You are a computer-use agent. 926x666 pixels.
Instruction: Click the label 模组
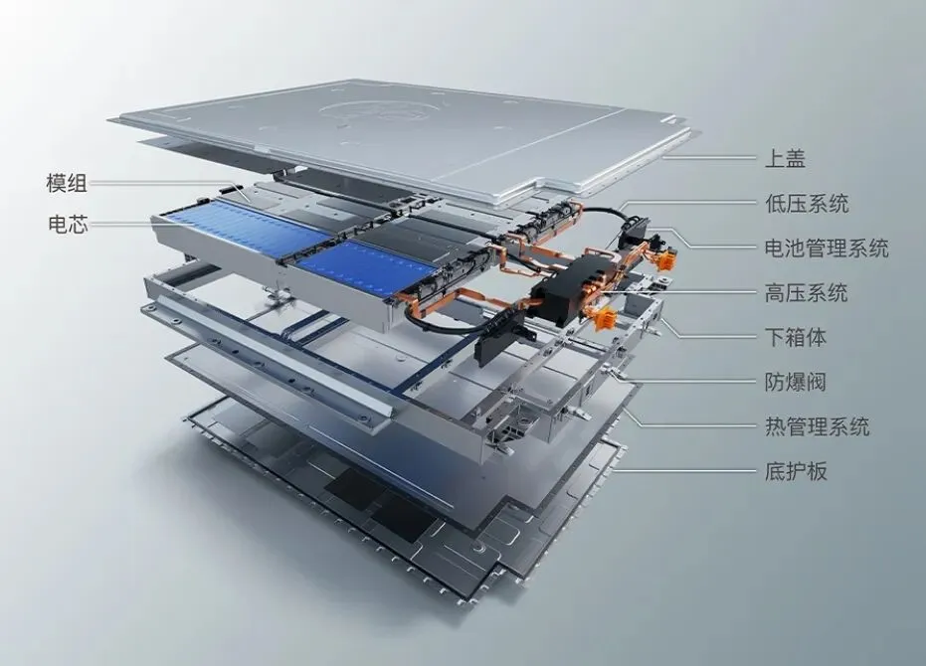point(67,183)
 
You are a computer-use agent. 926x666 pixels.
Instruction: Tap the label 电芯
point(67,225)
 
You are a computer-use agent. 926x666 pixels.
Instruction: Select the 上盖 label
point(785,158)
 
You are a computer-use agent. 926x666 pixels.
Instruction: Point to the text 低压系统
point(806,204)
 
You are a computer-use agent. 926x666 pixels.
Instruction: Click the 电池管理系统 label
point(827,249)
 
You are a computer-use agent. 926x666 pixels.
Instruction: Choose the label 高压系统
point(806,293)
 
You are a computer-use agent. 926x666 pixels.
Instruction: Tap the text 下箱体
point(796,337)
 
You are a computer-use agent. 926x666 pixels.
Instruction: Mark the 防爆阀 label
point(796,382)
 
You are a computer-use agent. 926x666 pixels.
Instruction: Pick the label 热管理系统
point(817,426)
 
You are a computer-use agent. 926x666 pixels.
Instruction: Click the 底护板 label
point(796,471)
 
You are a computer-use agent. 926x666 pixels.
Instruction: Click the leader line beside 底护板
point(696,471)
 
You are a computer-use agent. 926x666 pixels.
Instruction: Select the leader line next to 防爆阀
point(696,382)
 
